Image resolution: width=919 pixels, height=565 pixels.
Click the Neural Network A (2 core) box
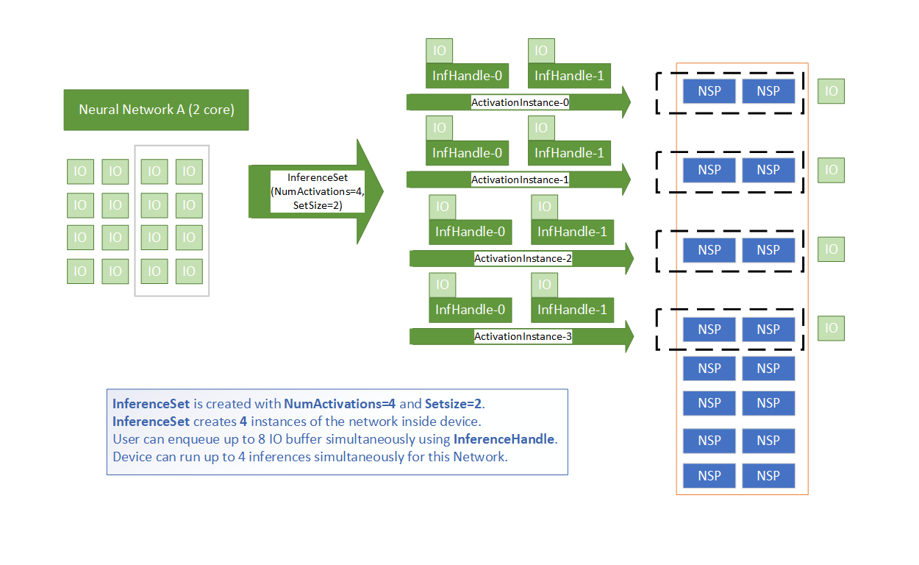[156, 110]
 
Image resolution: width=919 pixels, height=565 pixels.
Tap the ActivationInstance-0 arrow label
[520, 102]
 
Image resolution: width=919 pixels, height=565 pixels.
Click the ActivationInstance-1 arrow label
[520, 180]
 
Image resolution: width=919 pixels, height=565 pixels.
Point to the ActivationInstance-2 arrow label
[523, 258]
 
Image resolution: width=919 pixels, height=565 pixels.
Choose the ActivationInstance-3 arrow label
[523, 336]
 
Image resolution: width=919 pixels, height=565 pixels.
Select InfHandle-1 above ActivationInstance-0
[569, 76]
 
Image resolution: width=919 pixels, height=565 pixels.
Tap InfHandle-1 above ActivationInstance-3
[572, 310]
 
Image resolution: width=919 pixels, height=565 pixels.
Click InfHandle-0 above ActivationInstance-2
[470, 232]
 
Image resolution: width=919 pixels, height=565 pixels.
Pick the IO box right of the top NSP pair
[831, 91]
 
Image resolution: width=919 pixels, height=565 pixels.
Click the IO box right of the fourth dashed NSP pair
[831, 328]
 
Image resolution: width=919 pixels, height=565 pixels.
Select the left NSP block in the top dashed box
[709, 91]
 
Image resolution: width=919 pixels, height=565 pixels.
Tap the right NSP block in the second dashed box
[768, 170]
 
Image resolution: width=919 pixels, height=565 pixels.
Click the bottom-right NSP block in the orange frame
[768, 475]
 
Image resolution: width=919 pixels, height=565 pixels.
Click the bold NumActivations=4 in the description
[340, 404]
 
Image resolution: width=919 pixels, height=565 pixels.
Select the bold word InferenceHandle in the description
[504, 439]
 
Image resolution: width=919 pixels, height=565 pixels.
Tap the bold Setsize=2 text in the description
[454, 404]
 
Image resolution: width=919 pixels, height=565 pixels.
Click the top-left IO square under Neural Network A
[80, 171]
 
